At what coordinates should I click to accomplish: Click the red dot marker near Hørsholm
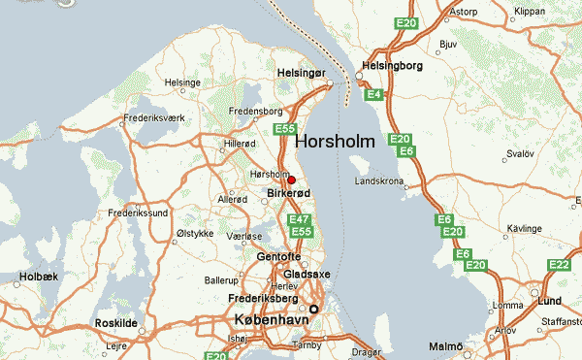(x=292, y=180)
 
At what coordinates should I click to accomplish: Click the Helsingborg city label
(x=394, y=66)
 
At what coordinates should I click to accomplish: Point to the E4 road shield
(x=373, y=94)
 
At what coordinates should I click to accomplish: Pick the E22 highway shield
(x=559, y=265)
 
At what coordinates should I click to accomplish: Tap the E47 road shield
(x=300, y=219)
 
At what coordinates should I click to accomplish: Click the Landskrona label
(x=380, y=181)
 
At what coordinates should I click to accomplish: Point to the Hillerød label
(x=240, y=143)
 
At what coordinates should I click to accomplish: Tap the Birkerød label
(x=288, y=194)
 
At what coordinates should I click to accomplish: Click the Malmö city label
(x=446, y=346)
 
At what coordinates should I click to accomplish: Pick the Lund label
(x=550, y=302)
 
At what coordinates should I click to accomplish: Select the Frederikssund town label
(x=139, y=212)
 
